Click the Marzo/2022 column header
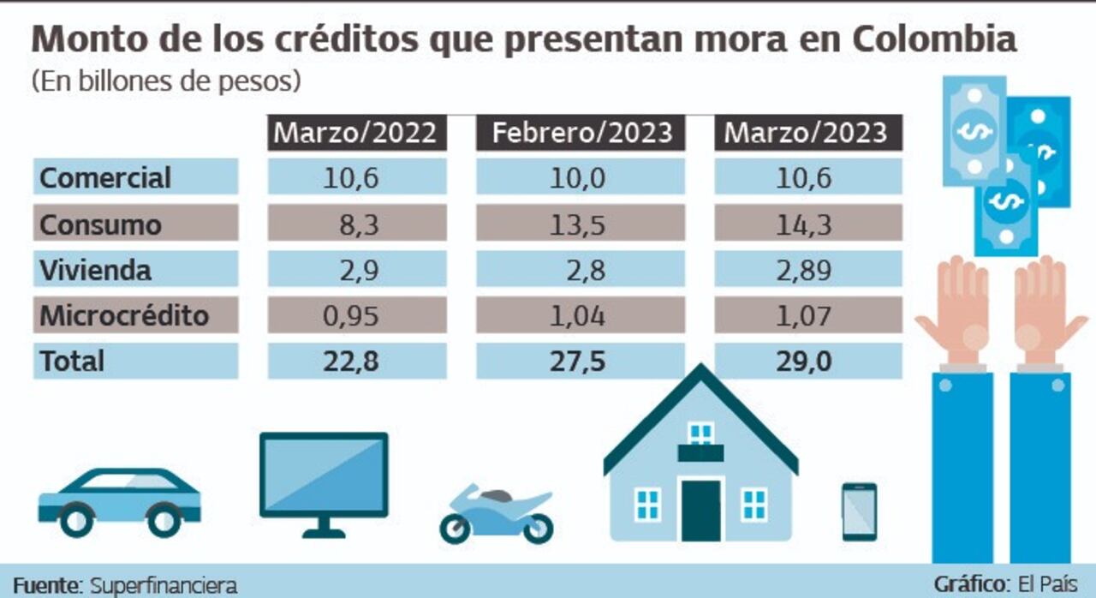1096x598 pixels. (x=356, y=133)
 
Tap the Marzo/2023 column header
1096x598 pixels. (x=807, y=133)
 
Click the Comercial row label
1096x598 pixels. (x=105, y=177)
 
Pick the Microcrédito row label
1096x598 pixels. (x=124, y=315)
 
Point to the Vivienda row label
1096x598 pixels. (x=95, y=270)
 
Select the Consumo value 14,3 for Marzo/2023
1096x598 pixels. (x=807, y=224)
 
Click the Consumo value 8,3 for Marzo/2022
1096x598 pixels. (x=356, y=224)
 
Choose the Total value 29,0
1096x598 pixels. (x=807, y=361)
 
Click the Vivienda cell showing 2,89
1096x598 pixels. (x=807, y=270)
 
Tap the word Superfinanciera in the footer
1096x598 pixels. (x=163, y=585)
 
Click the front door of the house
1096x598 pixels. (x=700, y=510)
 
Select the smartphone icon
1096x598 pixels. (x=859, y=511)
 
